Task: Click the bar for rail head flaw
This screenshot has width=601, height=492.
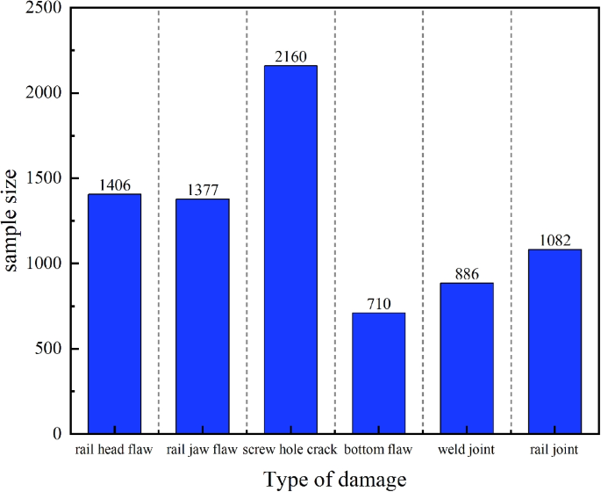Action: pyautogui.click(x=114, y=314)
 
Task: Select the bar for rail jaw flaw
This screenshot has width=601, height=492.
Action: pyautogui.click(x=202, y=316)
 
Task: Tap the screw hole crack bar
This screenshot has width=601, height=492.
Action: pyautogui.click(x=290, y=250)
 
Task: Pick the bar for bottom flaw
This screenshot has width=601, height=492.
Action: pyautogui.click(x=378, y=373)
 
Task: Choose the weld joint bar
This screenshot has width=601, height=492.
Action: pyautogui.click(x=467, y=358)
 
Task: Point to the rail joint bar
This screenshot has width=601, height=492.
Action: pyautogui.click(x=554, y=342)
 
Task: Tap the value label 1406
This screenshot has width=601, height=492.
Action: pyautogui.click(x=114, y=185)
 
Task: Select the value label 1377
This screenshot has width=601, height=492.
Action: pyautogui.click(x=202, y=191)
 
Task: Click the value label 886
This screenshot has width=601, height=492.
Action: pyautogui.click(x=467, y=274)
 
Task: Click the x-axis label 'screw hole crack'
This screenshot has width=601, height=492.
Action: pyautogui.click(x=290, y=451)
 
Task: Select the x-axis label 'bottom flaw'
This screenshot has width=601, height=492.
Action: pyautogui.click(x=378, y=451)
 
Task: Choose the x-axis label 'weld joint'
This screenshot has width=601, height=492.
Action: pyautogui.click(x=467, y=451)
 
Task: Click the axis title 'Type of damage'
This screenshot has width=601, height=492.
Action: pyautogui.click(x=335, y=479)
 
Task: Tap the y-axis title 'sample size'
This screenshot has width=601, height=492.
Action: pyautogui.click(x=15, y=222)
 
